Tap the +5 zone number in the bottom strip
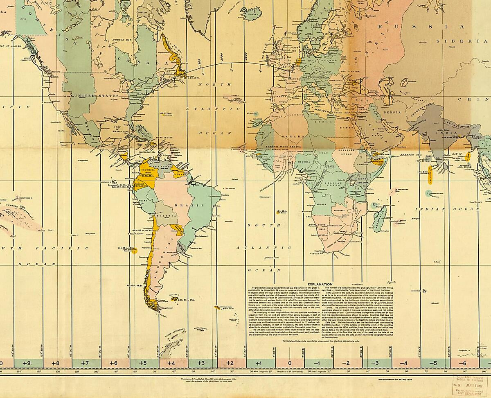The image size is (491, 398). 143,363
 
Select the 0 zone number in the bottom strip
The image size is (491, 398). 290,363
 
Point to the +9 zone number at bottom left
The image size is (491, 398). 27,363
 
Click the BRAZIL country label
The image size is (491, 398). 184,205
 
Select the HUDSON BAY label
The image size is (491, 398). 122,40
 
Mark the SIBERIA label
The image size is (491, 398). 454,41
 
